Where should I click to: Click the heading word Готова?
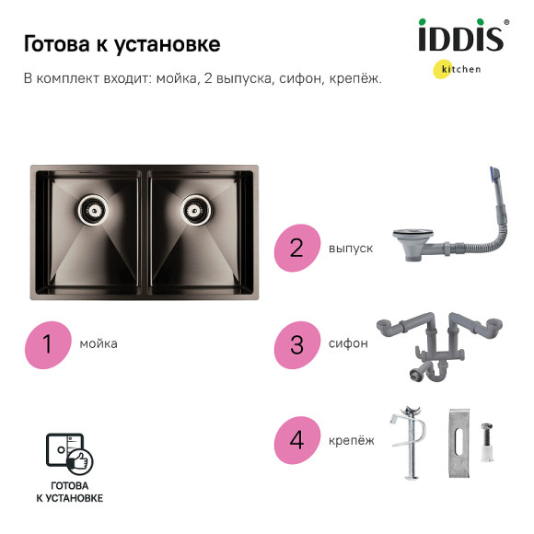[x=55, y=44]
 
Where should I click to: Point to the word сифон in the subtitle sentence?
[x=298, y=78]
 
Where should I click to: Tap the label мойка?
[x=99, y=344]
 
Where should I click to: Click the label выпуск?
[x=351, y=248]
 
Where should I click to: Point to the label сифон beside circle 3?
[x=348, y=344]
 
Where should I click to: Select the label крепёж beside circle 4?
[x=352, y=440]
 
